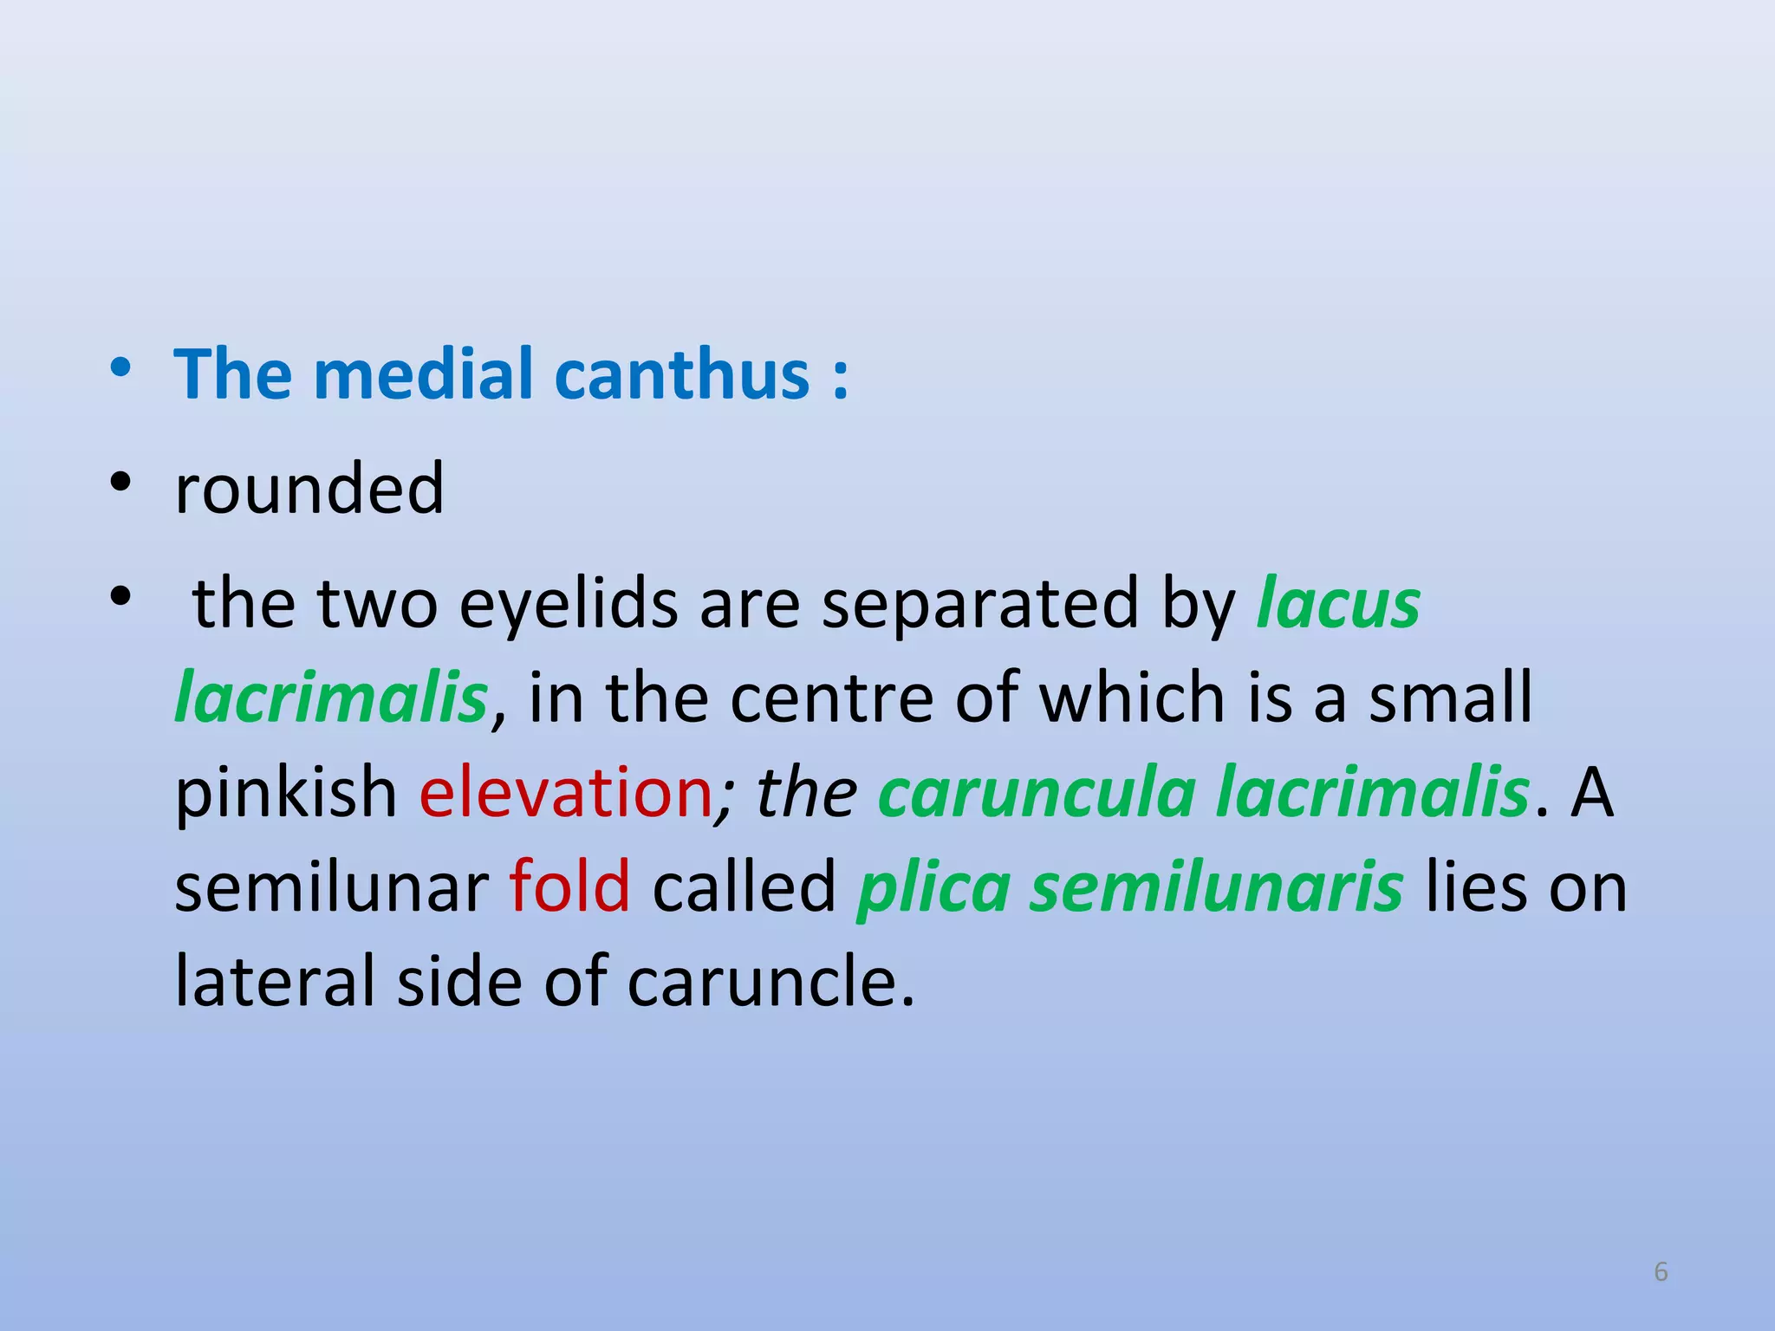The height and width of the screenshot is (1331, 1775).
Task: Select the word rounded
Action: [x=309, y=489]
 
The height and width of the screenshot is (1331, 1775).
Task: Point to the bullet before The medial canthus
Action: [x=120, y=367]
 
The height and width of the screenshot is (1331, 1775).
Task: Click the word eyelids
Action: [x=568, y=604]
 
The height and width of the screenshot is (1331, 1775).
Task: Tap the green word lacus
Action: [x=1338, y=604]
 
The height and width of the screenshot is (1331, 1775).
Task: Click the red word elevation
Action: [x=565, y=793]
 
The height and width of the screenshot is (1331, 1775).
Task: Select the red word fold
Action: [x=569, y=887]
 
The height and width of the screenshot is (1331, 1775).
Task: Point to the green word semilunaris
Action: [x=1215, y=887]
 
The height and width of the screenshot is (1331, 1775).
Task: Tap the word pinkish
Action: [x=286, y=793]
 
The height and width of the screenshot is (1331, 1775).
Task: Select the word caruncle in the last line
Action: [x=770, y=983]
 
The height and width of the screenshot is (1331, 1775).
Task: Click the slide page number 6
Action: [x=1661, y=1272]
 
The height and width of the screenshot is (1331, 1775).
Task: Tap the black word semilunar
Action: [x=332, y=887]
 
